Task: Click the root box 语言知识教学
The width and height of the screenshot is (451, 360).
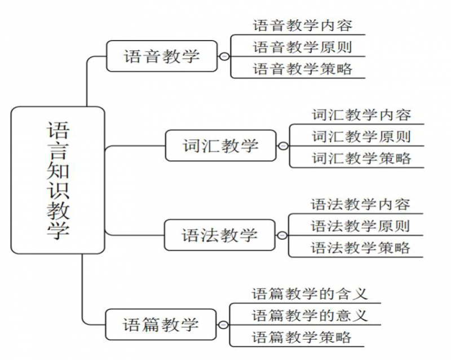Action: pyautogui.click(x=58, y=181)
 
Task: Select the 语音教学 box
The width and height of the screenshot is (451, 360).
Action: pyautogui.click(x=162, y=56)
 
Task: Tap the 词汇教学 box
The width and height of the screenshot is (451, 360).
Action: pyautogui.click(x=220, y=146)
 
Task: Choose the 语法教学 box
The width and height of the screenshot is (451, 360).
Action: pyautogui.click(x=220, y=235)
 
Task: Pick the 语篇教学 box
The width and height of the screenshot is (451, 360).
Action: pyautogui.click(x=161, y=324)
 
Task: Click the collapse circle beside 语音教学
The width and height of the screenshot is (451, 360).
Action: pyautogui.click(x=224, y=56)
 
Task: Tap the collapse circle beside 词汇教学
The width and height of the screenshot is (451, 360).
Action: pyautogui.click(x=284, y=146)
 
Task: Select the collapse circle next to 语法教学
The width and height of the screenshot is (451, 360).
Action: pyautogui.click(x=282, y=236)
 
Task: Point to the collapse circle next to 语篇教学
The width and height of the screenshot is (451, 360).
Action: pyautogui.click(x=223, y=325)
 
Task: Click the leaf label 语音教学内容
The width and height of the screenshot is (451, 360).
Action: pyautogui.click(x=303, y=25)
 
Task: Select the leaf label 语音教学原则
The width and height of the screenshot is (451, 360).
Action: pyautogui.click(x=303, y=47)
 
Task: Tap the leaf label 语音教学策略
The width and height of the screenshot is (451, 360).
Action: pyautogui.click(x=303, y=69)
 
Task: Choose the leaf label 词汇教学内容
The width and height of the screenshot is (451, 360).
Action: pyautogui.click(x=361, y=115)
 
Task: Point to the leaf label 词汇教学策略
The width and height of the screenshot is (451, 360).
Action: pyautogui.click(x=361, y=158)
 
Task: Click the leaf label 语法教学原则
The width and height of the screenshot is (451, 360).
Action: pyautogui.click(x=360, y=226)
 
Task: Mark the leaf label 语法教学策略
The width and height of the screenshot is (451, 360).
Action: pyautogui.click(x=360, y=248)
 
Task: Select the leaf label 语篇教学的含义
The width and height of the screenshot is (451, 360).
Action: pyautogui.click(x=309, y=294)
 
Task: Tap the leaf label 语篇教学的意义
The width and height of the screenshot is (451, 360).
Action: pyautogui.click(x=309, y=315)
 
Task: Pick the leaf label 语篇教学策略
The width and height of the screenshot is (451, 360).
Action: pyautogui.click(x=302, y=337)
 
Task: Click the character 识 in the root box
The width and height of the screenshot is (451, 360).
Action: pyautogui.click(x=58, y=190)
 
